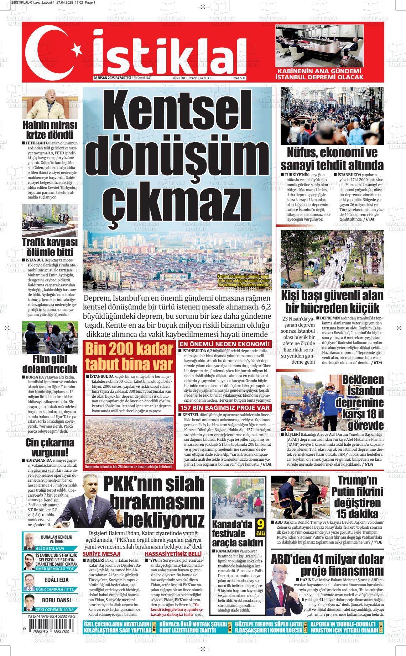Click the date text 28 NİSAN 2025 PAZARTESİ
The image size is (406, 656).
(112, 78)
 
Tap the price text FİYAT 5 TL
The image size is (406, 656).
(239, 78)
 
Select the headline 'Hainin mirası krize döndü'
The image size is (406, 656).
(50, 130)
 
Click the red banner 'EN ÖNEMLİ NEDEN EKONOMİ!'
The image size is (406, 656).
(225, 344)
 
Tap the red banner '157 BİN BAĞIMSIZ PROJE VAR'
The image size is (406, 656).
(225, 408)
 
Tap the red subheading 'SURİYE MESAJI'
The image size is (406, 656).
(101, 554)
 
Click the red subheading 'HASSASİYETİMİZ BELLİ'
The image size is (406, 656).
(173, 554)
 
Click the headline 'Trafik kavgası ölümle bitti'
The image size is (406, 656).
(50, 247)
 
